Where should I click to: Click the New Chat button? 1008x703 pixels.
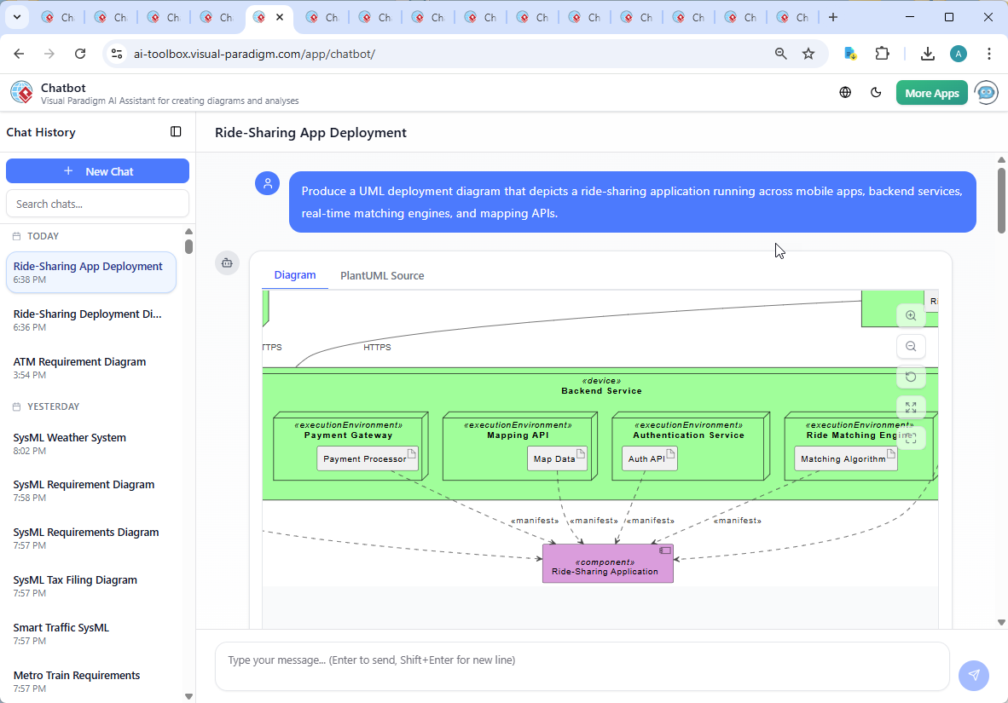click(97, 171)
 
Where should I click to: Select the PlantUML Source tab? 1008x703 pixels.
click(382, 275)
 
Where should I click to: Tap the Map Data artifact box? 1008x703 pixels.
click(556, 458)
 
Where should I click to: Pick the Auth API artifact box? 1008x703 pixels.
click(648, 458)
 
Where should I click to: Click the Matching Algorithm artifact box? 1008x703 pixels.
click(844, 458)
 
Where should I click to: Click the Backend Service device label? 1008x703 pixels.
click(601, 390)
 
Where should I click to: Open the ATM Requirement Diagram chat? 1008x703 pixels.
click(80, 361)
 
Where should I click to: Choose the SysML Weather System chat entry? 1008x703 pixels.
click(70, 437)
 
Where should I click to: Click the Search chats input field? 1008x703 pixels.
click(97, 204)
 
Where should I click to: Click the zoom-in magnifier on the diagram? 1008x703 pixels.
click(911, 315)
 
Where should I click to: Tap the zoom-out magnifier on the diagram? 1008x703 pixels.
click(911, 346)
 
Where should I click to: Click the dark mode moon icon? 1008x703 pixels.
click(876, 93)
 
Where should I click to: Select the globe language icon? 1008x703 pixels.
click(845, 93)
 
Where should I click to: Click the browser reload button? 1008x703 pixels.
click(80, 54)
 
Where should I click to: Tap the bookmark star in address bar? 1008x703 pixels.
click(808, 54)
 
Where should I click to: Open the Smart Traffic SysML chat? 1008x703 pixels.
click(61, 627)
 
